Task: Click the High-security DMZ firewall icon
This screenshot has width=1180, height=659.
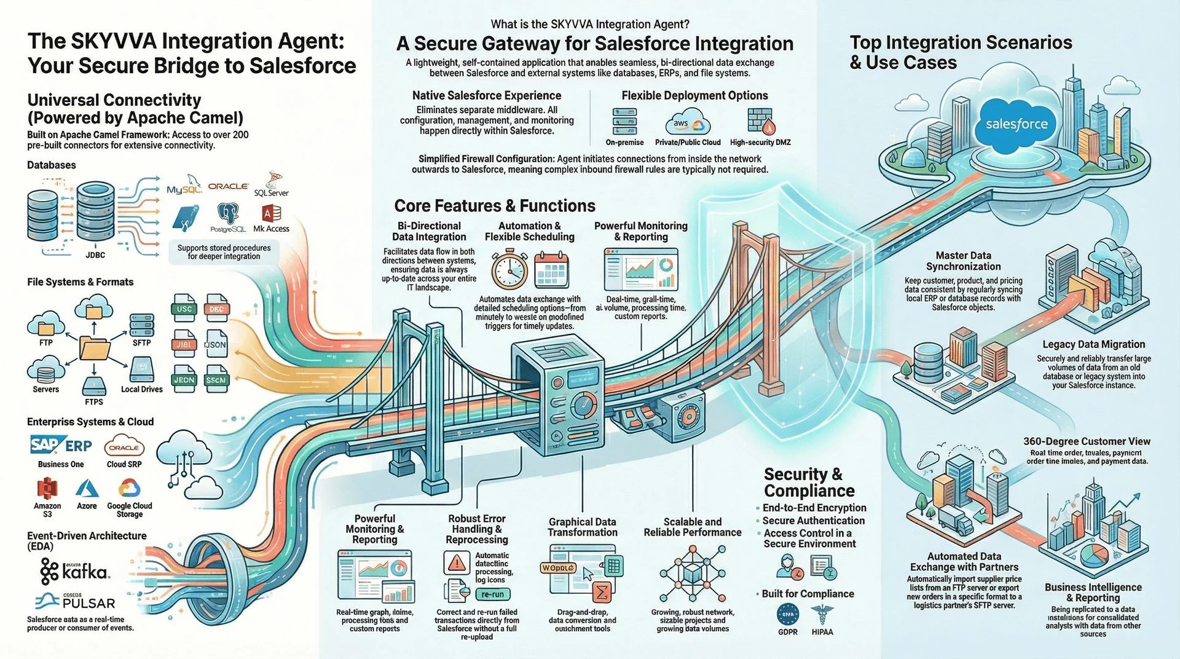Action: (x=760, y=120)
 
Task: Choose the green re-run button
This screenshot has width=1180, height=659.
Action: (x=492, y=594)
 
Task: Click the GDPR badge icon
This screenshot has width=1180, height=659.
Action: (x=788, y=614)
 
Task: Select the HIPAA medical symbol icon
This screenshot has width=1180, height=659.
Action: (x=822, y=614)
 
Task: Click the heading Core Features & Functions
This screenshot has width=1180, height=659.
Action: (x=495, y=205)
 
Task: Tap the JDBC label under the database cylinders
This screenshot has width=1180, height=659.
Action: (x=95, y=255)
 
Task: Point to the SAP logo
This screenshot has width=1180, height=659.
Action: (x=45, y=444)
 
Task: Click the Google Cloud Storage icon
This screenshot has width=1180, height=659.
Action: (x=129, y=489)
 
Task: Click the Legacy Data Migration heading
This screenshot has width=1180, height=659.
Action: (x=1093, y=344)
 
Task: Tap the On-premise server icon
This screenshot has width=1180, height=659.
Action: (x=624, y=121)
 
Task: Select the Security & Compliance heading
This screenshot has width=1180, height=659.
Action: (x=809, y=482)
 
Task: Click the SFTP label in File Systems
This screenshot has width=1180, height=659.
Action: (x=142, y=342)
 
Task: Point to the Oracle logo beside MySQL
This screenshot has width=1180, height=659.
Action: (x=228, y=186)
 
